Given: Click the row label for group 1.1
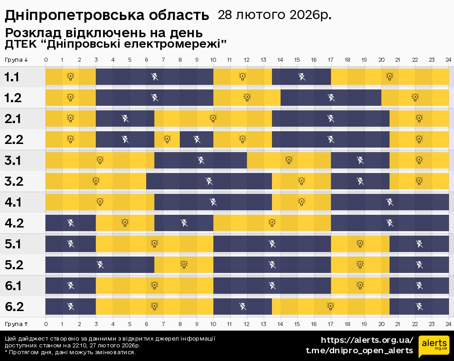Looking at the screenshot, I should tap(12, 77).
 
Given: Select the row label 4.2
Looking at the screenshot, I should tap(14, 223).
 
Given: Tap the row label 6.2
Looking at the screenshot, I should tap(14, 307).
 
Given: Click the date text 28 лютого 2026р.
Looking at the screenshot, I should tap(274, 15).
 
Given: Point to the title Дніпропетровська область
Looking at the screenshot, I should tap(107, 16).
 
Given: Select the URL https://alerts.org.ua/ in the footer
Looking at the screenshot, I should tap(367, 340).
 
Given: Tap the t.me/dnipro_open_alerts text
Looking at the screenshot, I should tap(359, 351).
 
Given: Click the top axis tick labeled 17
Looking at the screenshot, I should tap(331, 60).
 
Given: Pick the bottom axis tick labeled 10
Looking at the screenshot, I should tap(213, 324).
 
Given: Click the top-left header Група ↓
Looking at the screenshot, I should tap(17, 60).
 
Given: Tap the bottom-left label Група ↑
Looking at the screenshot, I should tap(17, 324).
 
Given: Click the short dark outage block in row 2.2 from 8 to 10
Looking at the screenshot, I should tap(197, 139).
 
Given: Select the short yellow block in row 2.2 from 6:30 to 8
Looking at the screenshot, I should tap(167, 139).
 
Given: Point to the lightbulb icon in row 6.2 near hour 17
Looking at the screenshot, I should tap(331, 307).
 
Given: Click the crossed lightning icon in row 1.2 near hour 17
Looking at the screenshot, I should tap(331, 97).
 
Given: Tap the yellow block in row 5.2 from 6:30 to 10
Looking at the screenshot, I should tap(184, 264).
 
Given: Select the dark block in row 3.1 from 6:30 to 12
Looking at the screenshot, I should tap(201, 160).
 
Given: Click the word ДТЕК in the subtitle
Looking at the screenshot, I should tap(17, 45).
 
